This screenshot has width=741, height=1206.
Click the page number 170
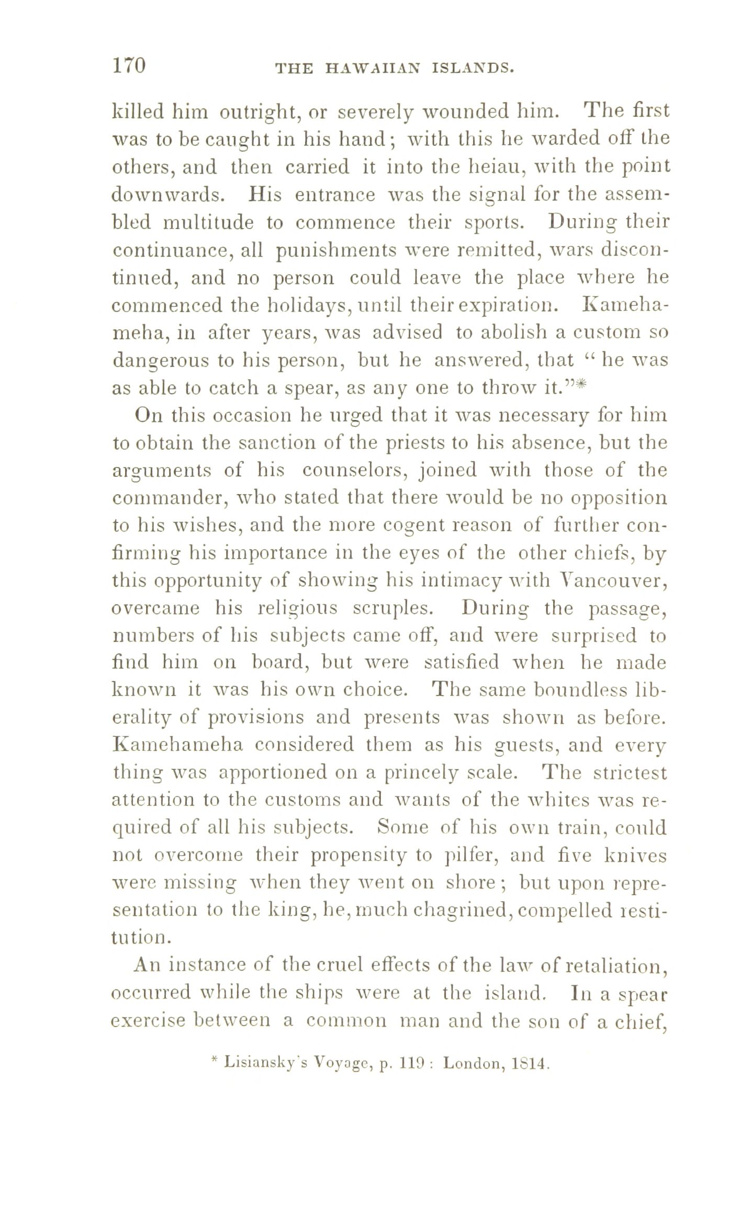click(x=128, y=66)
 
